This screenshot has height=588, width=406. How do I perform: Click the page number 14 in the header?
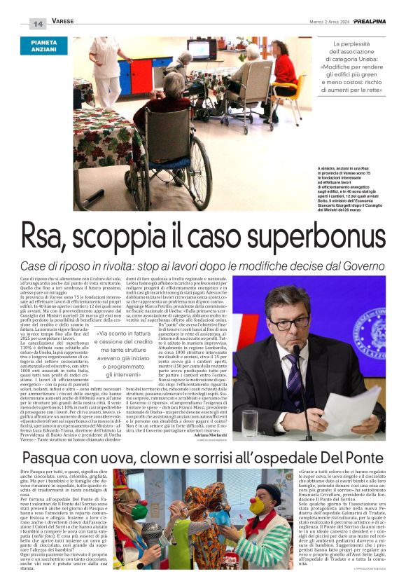(38, 23)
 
